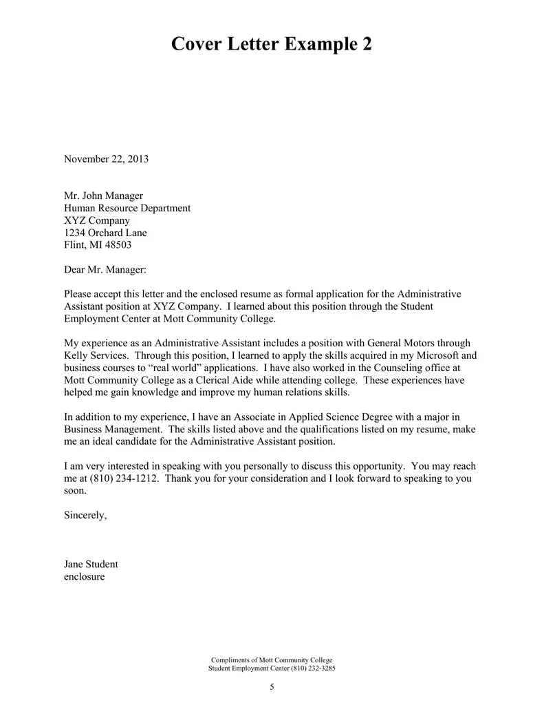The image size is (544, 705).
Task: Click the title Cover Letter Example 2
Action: pyautogui.click(x=272, y=45)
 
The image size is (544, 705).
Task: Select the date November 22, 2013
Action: pyautogui.click(x=106, y=159)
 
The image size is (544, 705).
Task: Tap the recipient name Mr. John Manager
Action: pyautogui.click(x=103, y=196)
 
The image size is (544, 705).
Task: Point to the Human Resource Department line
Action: pyautogui.click(x=127, y=209)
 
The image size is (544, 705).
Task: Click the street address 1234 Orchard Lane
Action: pyautogui.click(x=105, y=233)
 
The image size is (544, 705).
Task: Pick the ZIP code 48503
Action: pyautogui.click(x=117, y=245)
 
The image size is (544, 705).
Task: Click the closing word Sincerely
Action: pyautogui.click(x=85, y=515)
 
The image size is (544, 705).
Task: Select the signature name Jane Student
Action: pyautogui.click(x=91, y=564)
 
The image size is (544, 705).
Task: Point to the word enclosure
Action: pyautogui.click(x=84, y=576)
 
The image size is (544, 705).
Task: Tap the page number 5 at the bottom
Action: pyautogui.click(x=272, y=687)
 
